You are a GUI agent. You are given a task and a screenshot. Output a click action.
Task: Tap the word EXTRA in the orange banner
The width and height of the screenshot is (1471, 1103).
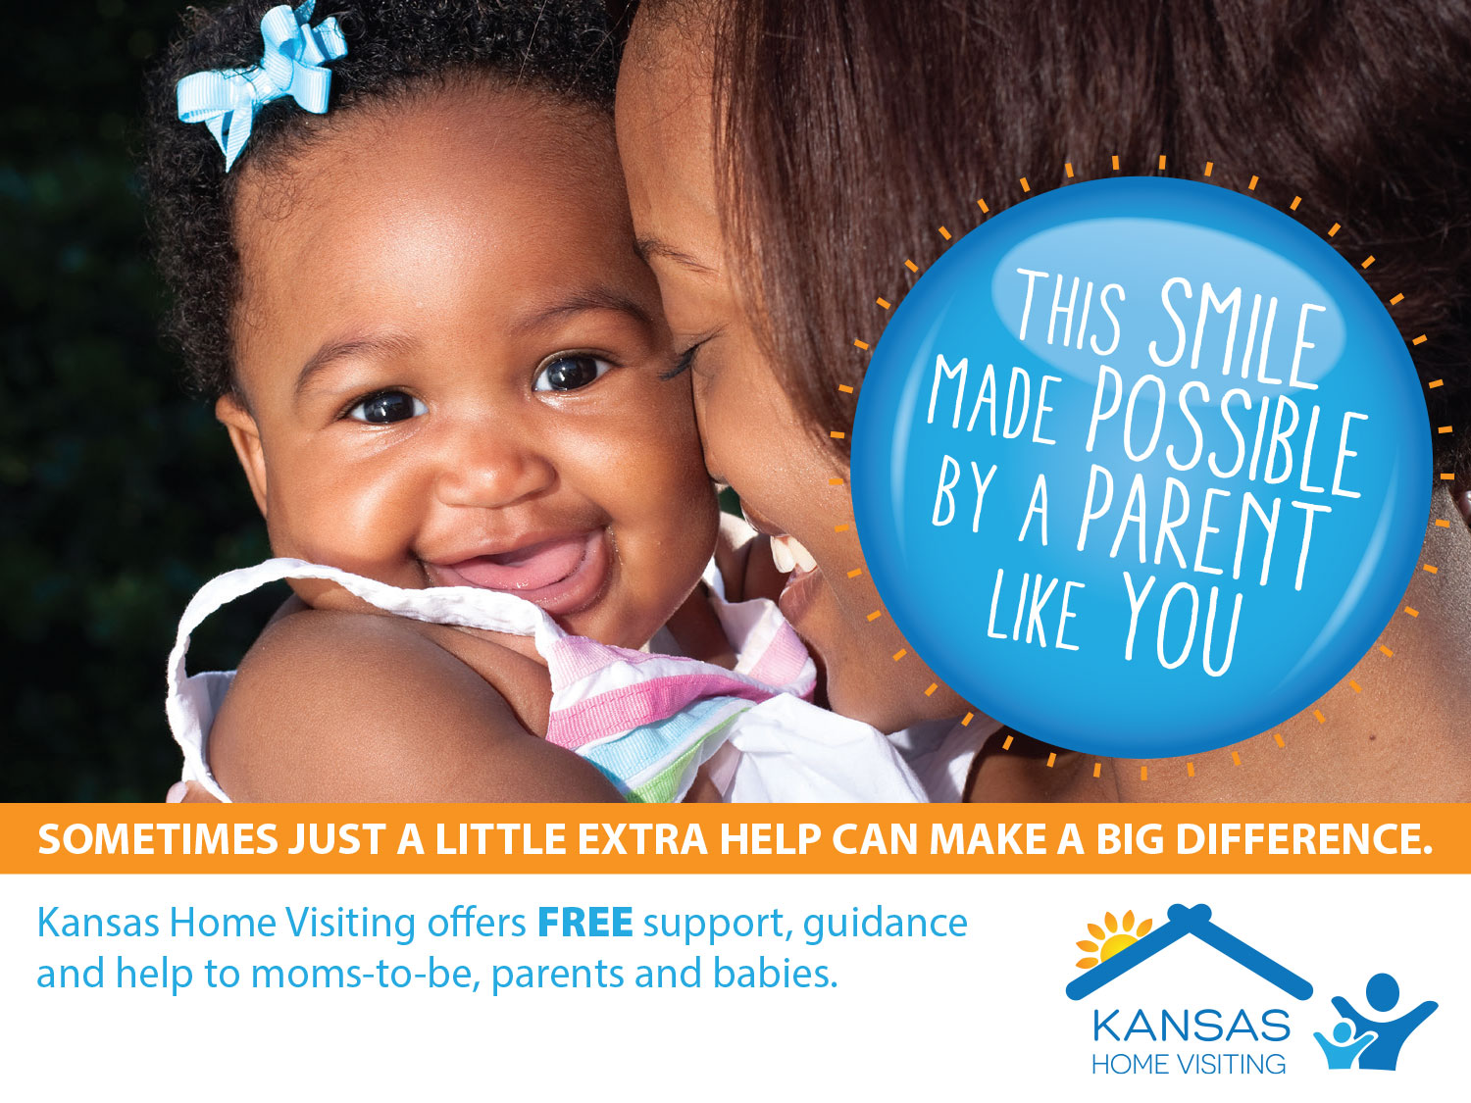(x=640, y=838)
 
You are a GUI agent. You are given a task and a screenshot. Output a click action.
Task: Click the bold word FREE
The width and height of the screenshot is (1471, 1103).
(x=585, y=923)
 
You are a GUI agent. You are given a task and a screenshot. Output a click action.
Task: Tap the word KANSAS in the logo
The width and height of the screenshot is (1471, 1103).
(x=1191, y=1026)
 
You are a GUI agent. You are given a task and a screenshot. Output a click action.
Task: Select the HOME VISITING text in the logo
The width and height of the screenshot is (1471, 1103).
(x=1189, y=1064)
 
